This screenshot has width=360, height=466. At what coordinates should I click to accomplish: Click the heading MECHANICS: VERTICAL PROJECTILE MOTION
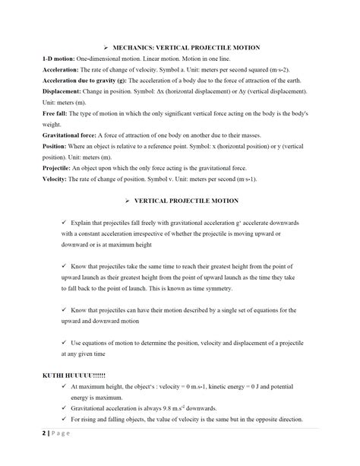pyautogui.click(x=187, y=46)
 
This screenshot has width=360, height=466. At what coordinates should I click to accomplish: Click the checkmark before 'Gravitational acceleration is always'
pyautogui.click(x=65, y=408)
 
